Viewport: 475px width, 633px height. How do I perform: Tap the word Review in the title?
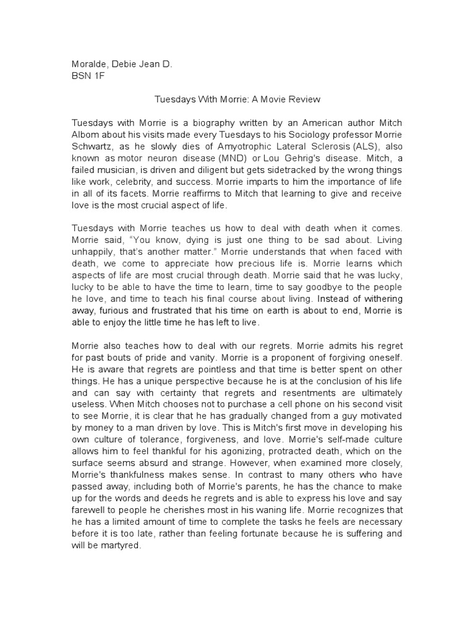[x=304, y=99]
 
